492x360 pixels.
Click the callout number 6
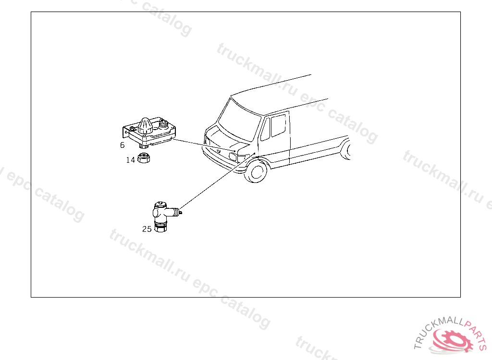tap(122, 145)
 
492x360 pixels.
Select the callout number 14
tap(131, 160)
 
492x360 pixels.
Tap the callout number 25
tap(147, 229)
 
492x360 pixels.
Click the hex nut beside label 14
tap(144, 157)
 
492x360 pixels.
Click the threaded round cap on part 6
tap(163, 123)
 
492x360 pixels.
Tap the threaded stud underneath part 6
tap(143, 145)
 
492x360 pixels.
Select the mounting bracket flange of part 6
tap(126, 132)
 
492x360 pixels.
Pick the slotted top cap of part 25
tap(160, 205)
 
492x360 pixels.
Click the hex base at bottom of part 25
tap(160, 228)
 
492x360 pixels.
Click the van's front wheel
tap(256, 171)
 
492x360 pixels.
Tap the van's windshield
tap(239, 120)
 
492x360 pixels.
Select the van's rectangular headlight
tap(233, 156)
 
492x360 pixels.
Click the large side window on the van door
tap(278, 125)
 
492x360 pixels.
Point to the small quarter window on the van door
tap(265, 129)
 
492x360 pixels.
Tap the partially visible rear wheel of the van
tap(346, 150)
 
